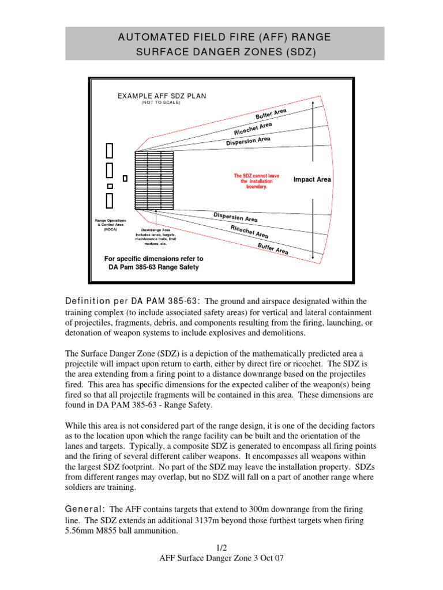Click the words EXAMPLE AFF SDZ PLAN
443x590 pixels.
tap(162, 96)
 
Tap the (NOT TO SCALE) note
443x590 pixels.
tap(162, 103)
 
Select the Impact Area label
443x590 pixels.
tap(312, 180)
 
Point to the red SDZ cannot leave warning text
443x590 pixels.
tap(253, 181)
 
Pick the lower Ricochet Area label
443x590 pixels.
tap(249, 232)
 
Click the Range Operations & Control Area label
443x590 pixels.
tap(110, 225)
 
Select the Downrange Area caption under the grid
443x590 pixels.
tap(155, 236)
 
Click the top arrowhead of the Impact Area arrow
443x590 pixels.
tap(313, 102)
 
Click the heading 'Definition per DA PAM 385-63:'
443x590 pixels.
tap(133, 301)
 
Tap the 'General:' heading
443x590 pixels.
tap(85, 509)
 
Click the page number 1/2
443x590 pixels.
tap(221, 547)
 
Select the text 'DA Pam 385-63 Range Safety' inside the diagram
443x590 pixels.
tap(153, 267)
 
